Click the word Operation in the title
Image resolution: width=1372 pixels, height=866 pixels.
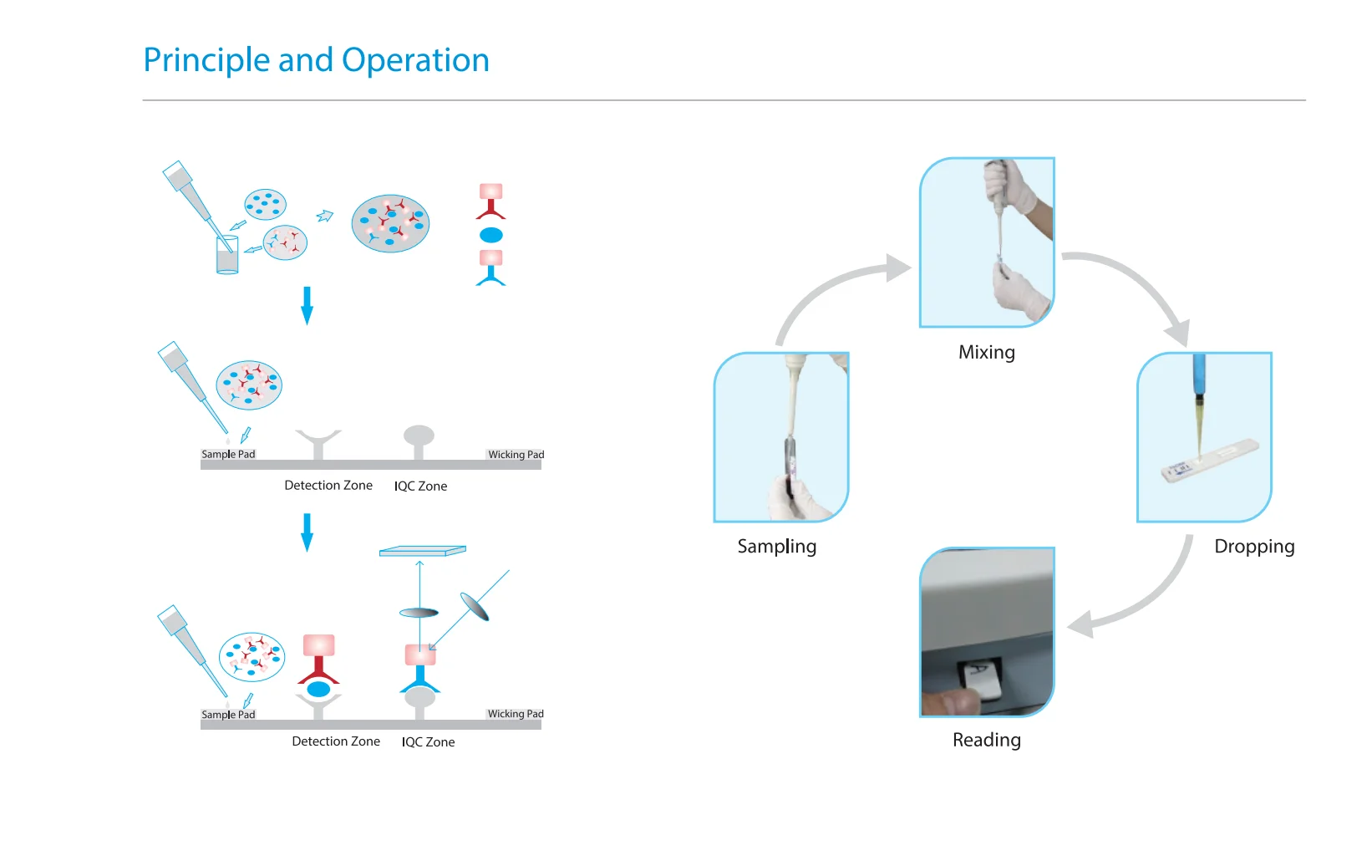[x=415, y=61]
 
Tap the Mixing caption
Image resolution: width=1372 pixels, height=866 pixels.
[x=986, y=352]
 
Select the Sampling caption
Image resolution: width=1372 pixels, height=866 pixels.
[x=776, y=546]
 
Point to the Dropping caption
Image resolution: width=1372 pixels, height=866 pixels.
[x=1253, y=546]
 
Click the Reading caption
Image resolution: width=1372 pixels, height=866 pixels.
[x=986, y=740]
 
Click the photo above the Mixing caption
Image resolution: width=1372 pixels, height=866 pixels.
[x=987, y=242]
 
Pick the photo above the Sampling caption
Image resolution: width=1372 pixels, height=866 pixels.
[x=781, y=437]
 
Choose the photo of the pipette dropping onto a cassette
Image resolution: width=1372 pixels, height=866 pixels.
[x=1204, y=437]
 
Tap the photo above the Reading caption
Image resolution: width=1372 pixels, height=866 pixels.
[x=987, y=632]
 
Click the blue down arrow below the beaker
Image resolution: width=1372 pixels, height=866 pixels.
[x=307, y=305]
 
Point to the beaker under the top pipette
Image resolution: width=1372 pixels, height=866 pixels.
[x=227, y=255]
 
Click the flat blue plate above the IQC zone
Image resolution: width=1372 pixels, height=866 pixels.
[x=422, y=551]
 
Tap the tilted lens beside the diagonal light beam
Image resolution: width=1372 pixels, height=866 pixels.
[x=474, y=607]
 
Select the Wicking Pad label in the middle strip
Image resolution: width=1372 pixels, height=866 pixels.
[x=516, y=455]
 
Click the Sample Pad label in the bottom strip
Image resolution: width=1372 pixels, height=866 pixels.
[x=228, y=715]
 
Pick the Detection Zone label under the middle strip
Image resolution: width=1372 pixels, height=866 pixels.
[x=328, y=486]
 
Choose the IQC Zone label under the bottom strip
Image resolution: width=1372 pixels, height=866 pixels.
[x=428, y=742]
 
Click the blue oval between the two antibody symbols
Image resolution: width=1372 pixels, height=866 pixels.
[x=491, y=235]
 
